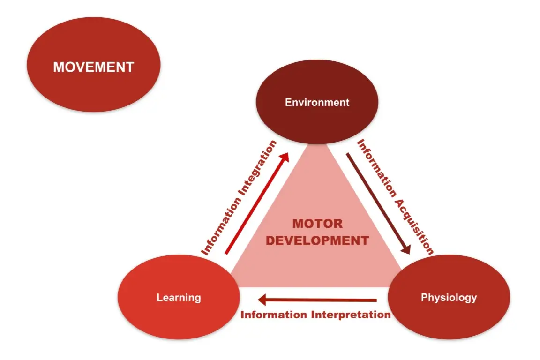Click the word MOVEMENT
(94, 67)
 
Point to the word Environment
(317, 102)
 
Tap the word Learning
(179, 297)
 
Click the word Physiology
(449, 297)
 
